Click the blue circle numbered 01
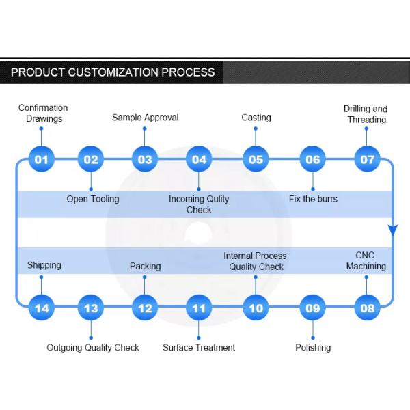42,159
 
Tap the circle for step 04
199,159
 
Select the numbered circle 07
368,159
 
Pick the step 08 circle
368,307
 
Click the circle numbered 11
199,307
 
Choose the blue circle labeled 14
42,307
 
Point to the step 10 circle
256,307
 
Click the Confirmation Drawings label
43,113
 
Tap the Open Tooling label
92,199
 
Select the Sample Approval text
145,118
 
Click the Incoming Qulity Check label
199,204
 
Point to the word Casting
256,118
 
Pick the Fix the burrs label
312,199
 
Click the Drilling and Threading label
366,114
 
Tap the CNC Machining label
366,260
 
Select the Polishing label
313,347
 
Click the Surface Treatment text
199,347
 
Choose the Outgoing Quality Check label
93,347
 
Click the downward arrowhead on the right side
393,230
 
